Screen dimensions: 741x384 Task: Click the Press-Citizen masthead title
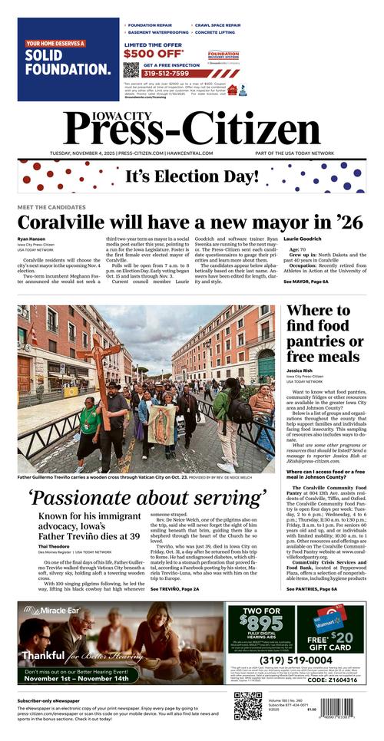point(192,127)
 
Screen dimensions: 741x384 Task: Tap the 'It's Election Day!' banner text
point(192,176)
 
